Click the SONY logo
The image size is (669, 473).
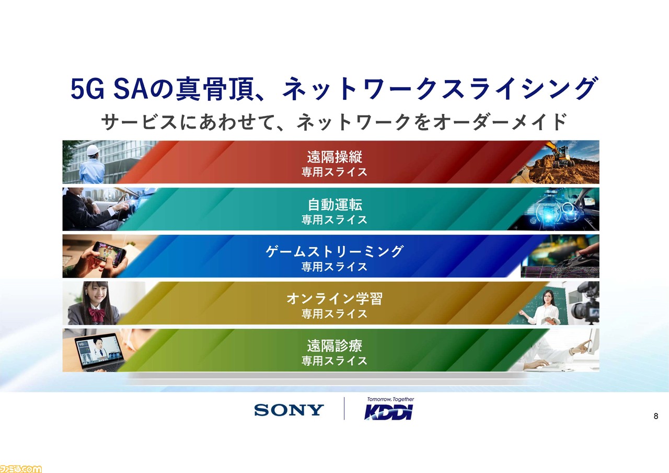point(289,410)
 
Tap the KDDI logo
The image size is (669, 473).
point(388,412)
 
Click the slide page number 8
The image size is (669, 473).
point(656,416)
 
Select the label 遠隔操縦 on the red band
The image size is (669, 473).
point(334,157)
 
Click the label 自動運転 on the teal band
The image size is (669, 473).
point(335,204)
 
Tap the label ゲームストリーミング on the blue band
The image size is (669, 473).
point(334,251)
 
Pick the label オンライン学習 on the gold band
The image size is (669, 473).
point(334,298)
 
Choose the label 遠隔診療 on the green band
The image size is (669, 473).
point(334,346)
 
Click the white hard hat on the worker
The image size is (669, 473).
point(93,150)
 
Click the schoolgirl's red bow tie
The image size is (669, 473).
point(97,315)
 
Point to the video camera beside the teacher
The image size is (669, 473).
point(586,304)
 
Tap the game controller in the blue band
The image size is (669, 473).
point(580,261)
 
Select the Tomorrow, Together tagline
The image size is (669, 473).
point(390,399)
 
